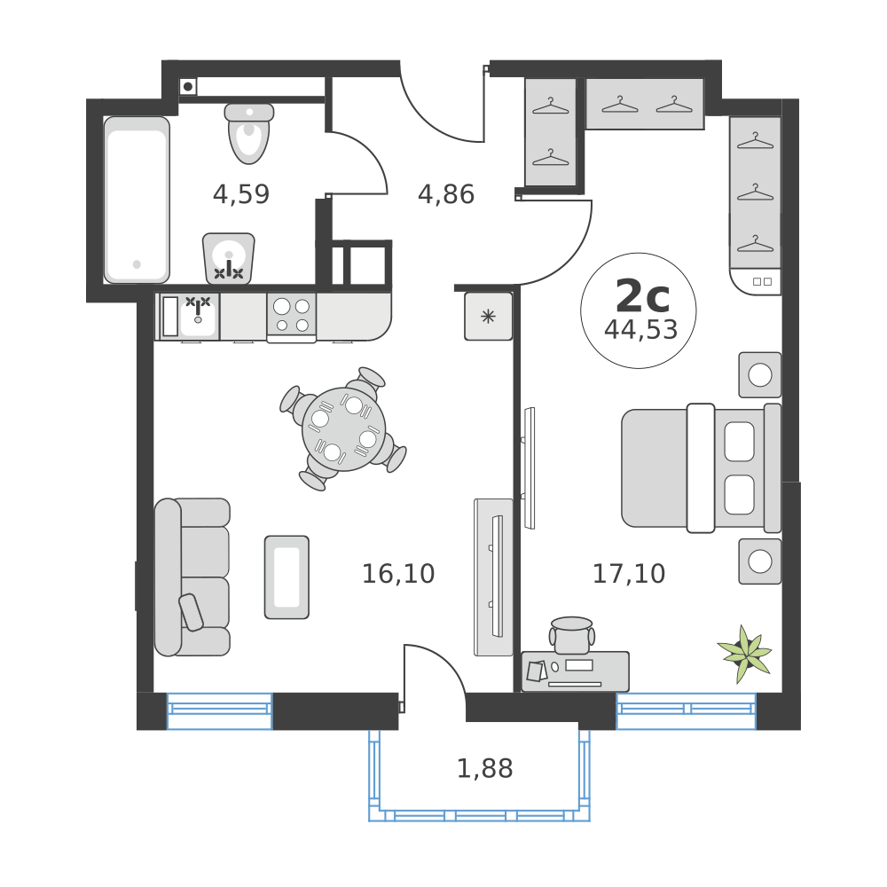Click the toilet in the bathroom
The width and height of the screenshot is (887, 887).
249,134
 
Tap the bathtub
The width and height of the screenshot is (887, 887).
137,200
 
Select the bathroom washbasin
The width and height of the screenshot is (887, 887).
229,258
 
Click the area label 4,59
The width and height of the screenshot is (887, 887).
240,194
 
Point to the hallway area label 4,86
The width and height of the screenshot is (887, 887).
446,194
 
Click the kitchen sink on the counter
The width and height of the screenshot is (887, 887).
198,315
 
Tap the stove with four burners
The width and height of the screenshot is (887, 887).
292,315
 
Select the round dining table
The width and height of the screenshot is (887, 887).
343,428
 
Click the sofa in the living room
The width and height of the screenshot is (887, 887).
192,577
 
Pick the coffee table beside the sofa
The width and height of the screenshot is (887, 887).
287,577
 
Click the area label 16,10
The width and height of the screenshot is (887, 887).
398,574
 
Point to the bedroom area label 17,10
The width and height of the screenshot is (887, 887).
629,574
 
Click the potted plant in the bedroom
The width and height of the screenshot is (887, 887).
744,654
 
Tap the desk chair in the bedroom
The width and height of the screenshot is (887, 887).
572,633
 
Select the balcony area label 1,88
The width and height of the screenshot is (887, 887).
484,768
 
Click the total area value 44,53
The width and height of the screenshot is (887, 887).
640,330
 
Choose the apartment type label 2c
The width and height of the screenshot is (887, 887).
641,292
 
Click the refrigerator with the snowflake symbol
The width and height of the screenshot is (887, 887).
489,317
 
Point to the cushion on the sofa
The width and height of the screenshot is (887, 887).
191,611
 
